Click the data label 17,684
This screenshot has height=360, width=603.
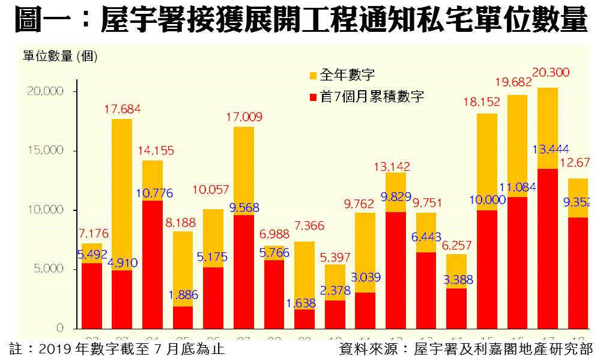(x=123, y=110)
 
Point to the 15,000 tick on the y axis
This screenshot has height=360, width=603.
(x=45, y=150)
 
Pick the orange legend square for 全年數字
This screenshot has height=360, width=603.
(x=313, y=76)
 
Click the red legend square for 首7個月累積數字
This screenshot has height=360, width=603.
(x=313, y=97)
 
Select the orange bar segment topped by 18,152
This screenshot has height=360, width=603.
(x=487, y=162)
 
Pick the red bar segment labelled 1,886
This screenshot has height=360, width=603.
(x=182, y=319)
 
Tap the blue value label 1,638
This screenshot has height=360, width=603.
(x=303, y=303)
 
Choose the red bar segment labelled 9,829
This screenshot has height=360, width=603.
(x=395, y=270)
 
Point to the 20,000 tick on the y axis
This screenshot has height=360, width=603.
(x=45, y=91)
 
